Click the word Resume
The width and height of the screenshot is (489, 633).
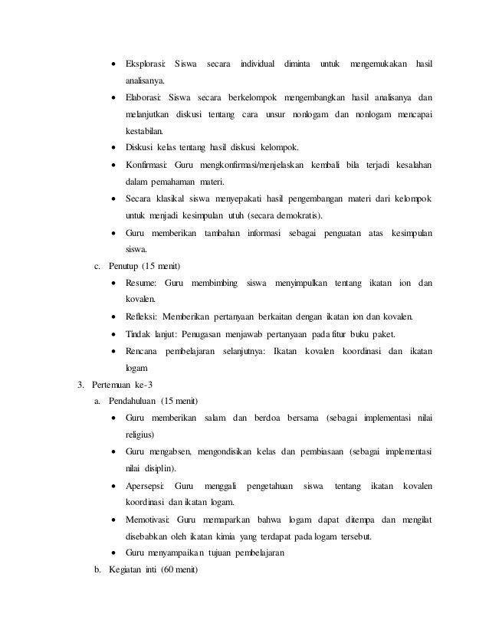[x=142, y=284]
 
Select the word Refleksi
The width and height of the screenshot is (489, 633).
[x=143, y=316]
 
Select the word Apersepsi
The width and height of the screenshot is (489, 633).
[x=146, y=486]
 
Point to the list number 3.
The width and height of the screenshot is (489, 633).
[x=71, y=384]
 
